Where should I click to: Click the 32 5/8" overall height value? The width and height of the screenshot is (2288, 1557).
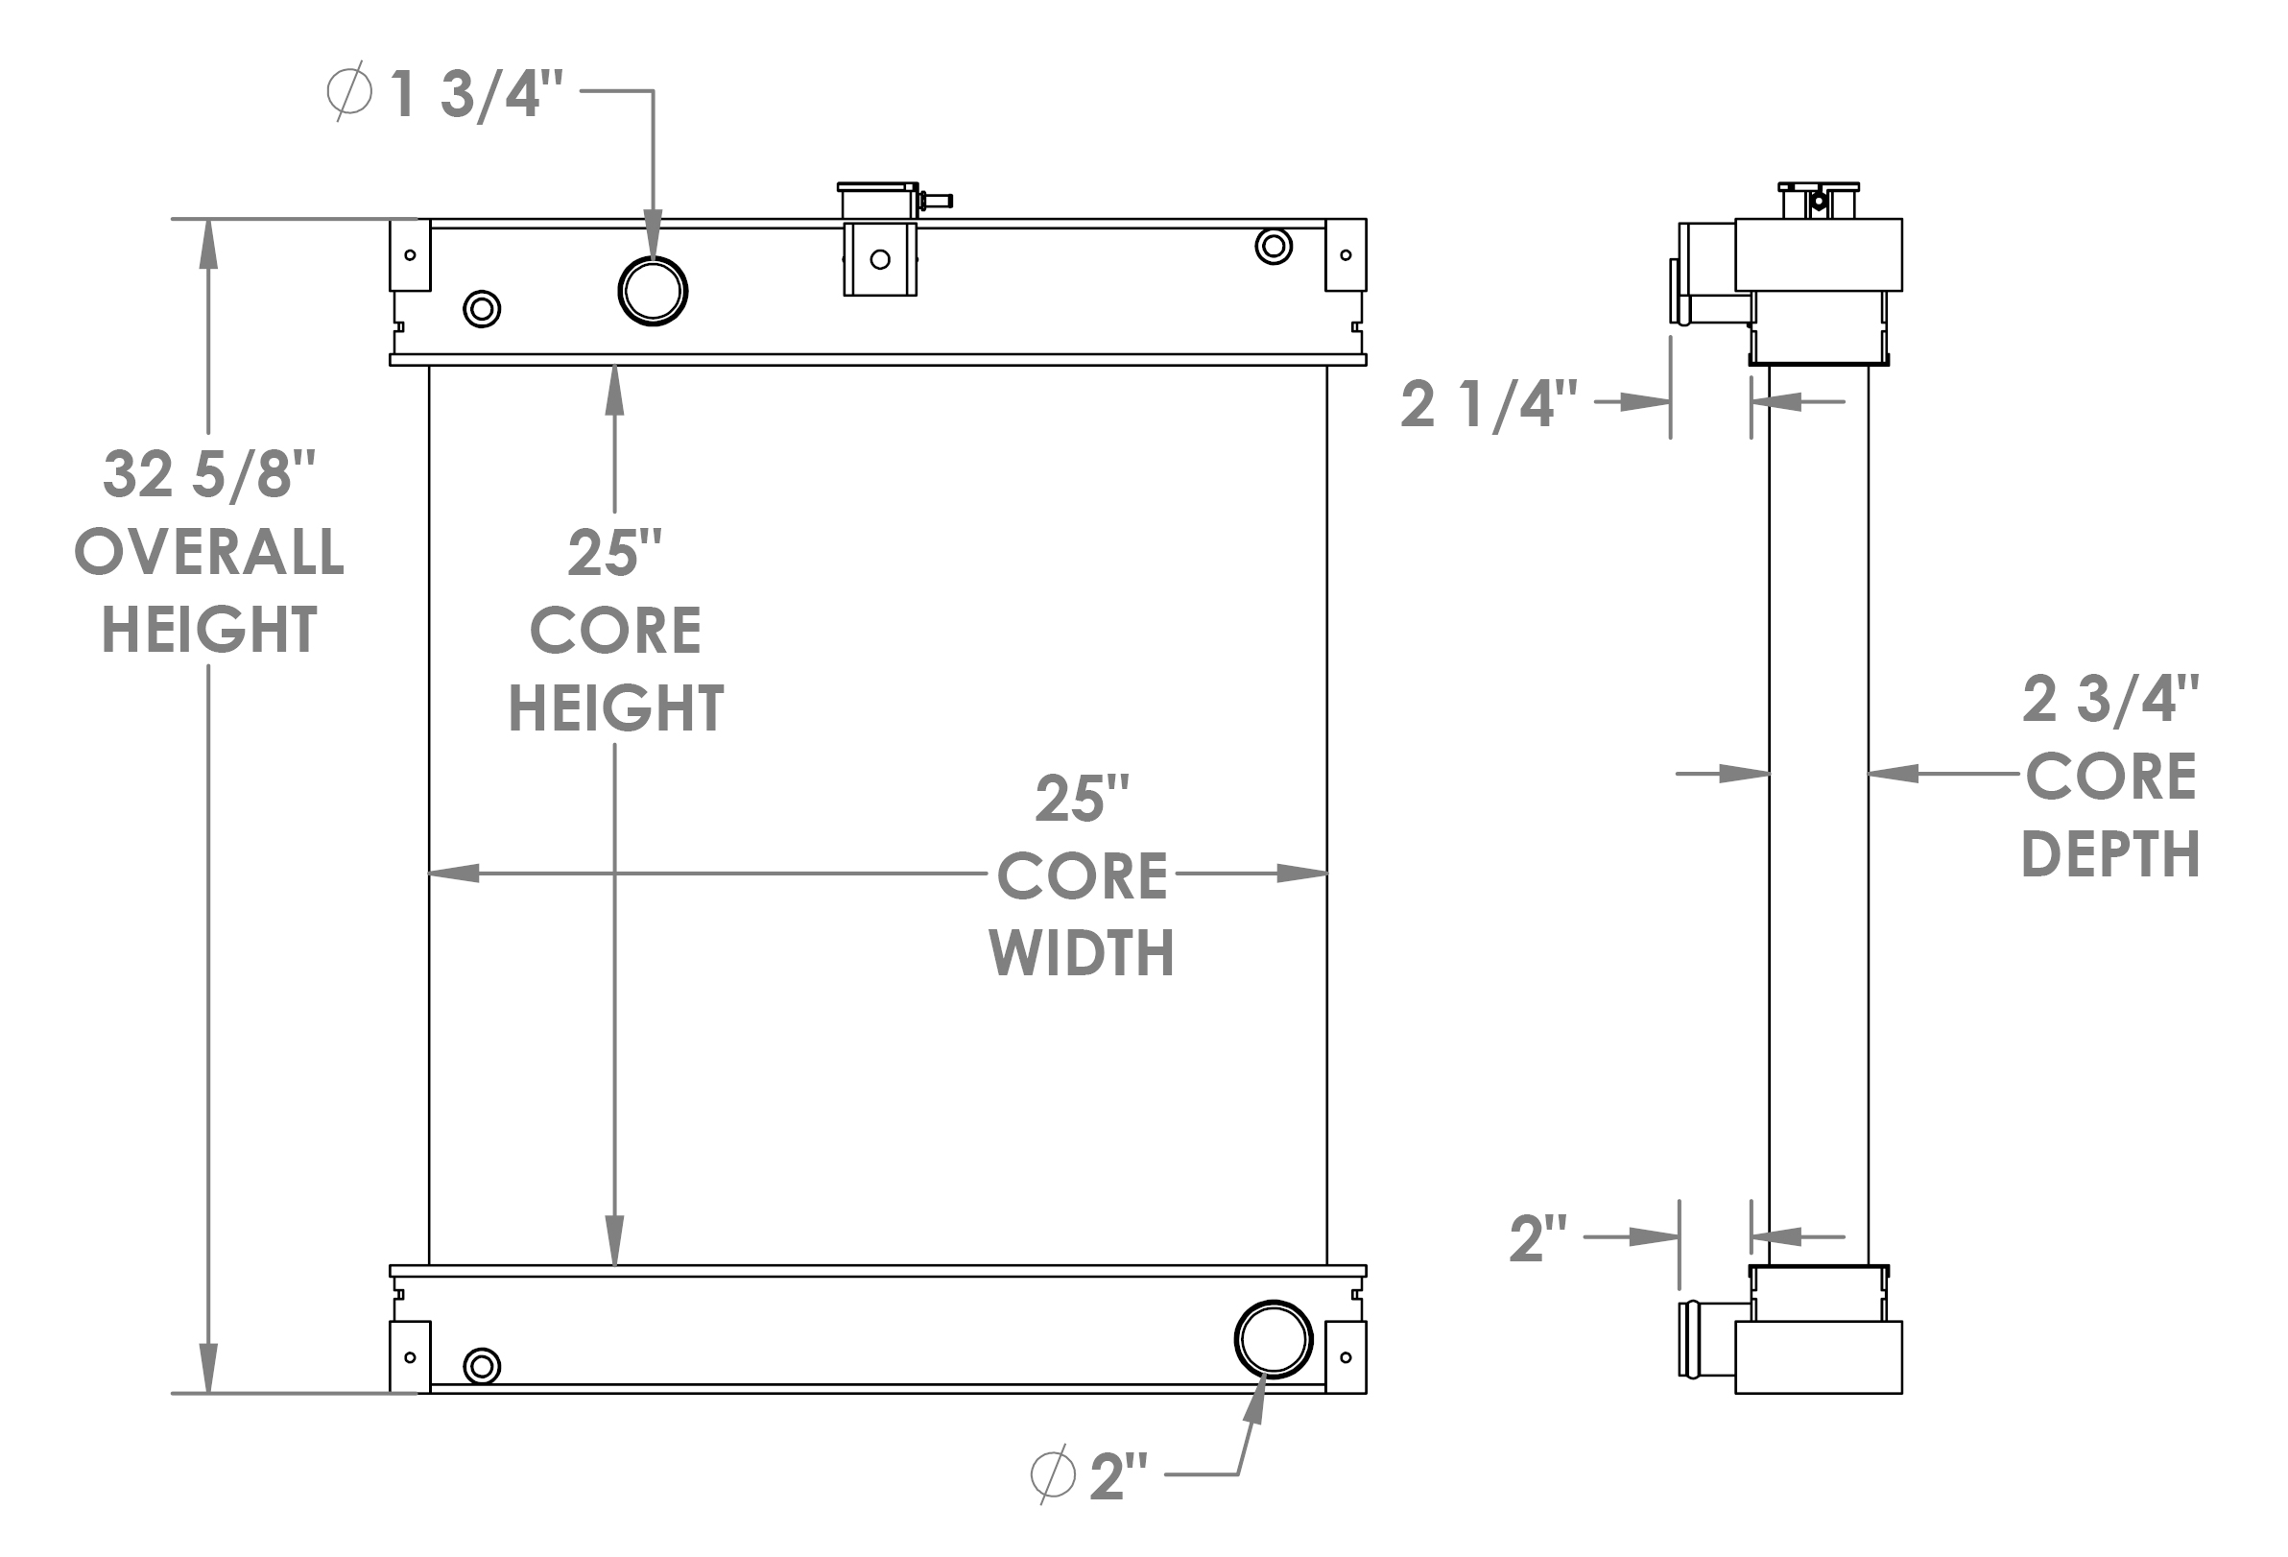tap(208, 474)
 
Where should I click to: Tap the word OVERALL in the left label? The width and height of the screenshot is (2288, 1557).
tap(208, 552)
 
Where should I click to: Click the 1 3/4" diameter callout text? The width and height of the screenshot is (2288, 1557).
tap(474, 94)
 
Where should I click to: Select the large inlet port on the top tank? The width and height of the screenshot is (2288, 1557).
tap(653, 291)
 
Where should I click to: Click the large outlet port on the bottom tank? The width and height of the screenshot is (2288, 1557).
tap(1273, 1339)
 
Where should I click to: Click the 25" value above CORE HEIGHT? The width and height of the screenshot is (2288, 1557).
tap(614, 554)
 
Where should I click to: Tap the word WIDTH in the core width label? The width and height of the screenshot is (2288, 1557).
tap(1081, 953)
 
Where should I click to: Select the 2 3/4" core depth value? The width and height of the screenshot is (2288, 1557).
tap(2110, 699)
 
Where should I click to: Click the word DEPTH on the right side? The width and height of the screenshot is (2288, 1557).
tap(2110, 853)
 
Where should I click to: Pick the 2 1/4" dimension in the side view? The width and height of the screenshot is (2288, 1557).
tap(1489, 404)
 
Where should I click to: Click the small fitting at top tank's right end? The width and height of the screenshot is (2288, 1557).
tap(1273, 246)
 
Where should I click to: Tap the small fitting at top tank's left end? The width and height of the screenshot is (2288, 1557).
tap(482, 309)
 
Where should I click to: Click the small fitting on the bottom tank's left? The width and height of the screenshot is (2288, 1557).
tap(482, 1366)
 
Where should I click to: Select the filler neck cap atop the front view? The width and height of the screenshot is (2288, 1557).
tap(878, 201)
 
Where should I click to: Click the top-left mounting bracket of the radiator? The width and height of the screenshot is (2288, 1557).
tap(410, 255)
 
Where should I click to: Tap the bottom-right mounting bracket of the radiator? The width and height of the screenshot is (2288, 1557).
tap(1346, 1357)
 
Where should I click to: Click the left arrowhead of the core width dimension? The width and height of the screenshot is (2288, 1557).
tap(454, 873)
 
